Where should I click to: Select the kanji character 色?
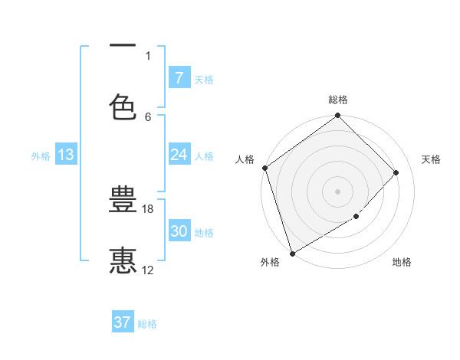tap(123, 106)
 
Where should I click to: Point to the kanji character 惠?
tap(123, 260)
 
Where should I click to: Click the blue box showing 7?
tap(179, 77)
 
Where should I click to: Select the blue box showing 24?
tap(179, 155)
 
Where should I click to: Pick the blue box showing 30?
tap(179, 231)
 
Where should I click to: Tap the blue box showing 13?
tap(66, 155)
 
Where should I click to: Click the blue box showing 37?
tap(123, 322)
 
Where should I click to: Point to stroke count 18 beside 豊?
tap(149, 208)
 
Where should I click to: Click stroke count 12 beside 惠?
tap(148, 270)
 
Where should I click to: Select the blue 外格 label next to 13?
tap(41, 155)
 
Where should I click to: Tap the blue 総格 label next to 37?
tap(147, 324)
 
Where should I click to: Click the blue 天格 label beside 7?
tap(204, 79)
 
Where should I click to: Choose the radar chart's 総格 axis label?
tap(338, 100)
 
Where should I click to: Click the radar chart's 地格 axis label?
tap(402, 263)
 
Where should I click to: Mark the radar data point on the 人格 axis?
tap(264, 168)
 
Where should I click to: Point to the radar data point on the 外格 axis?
tap(291, 253)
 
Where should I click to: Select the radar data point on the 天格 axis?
tap(396, 172)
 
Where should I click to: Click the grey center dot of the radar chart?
tap(337, 191)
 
